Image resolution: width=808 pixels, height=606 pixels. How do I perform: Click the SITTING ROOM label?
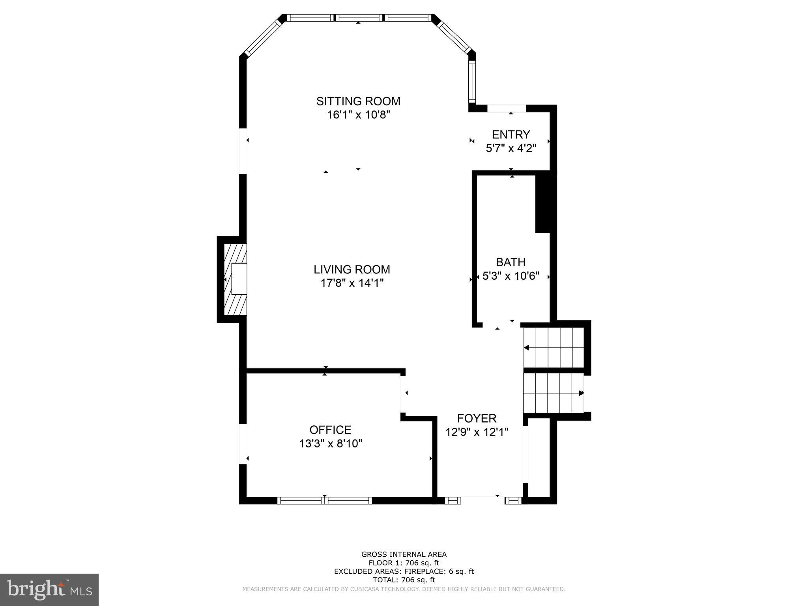click(x=358, y=101)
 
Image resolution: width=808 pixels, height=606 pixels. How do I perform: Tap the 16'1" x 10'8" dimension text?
click(x=358, y=115)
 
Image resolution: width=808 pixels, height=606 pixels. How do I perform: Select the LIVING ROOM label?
click(x=352, y=269)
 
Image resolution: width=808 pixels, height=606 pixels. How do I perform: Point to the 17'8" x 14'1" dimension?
click(x=352, y=283)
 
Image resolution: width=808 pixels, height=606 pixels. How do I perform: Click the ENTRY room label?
click(x=511, y=135)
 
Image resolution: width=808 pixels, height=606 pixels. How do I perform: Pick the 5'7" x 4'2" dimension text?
click(x=511, y=148)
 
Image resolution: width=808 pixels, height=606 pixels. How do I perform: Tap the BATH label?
click(x=511, y=262)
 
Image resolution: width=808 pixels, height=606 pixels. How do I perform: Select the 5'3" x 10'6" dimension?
click(x=511, y=276)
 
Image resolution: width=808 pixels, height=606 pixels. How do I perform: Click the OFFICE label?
click(x=330, y=430)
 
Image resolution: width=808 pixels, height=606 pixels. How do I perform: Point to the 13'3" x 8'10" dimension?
click(x=331, y=443)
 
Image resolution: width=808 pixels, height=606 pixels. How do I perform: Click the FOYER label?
click(x=477, y=418)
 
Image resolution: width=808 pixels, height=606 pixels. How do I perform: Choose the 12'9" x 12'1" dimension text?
click(x=477, y=432)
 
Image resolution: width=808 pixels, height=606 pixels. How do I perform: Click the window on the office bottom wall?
click(x=325, y=500)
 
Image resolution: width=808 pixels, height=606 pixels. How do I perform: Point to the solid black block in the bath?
click(x=542, y=203)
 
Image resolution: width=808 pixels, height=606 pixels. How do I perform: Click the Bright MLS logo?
click(x=49, y=589)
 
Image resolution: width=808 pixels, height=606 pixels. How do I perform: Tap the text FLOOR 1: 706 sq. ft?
click(x=404, y=563)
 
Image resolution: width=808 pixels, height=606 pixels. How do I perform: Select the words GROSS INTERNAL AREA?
click(x=404, y=554)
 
